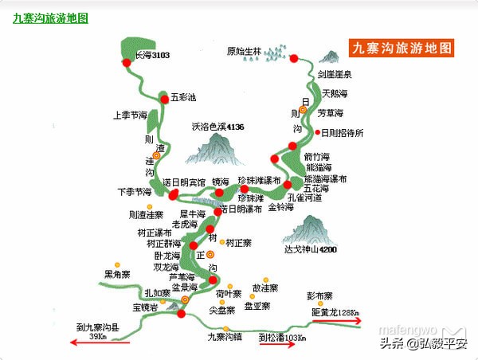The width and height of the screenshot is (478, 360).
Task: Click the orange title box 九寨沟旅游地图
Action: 401,47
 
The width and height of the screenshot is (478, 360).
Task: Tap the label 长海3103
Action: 151,56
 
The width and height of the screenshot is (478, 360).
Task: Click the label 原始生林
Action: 244,53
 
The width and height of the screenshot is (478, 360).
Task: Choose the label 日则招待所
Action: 341,133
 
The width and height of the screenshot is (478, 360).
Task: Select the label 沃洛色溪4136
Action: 217,127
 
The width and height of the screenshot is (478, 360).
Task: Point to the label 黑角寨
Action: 116,275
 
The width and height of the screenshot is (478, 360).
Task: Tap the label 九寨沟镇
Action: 224,337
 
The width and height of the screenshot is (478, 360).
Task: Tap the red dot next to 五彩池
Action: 165,97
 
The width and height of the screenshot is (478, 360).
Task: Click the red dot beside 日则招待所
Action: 314,133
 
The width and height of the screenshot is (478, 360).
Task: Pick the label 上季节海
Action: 131,115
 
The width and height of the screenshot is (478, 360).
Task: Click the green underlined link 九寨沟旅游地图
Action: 50,17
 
